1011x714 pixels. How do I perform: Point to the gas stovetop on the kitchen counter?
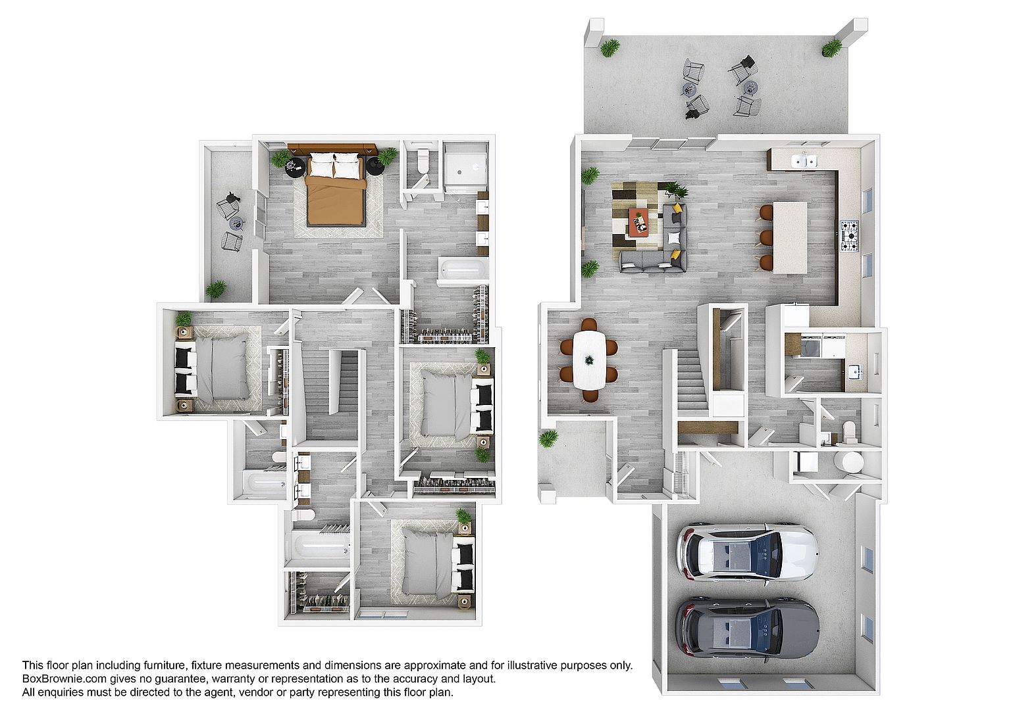(849, 236)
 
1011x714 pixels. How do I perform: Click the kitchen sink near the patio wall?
(804, 160)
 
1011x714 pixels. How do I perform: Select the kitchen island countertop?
(790, 237)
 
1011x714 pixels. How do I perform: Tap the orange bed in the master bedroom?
(335, 189)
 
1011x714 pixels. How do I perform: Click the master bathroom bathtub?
(463, 270)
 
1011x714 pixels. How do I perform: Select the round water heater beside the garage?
(848, 462)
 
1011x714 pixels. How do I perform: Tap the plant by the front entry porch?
(548, 438)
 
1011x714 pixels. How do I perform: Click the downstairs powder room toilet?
(850, 431)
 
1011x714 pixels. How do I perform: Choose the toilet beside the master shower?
(423, 160)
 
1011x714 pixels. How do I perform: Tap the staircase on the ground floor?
(692, 381)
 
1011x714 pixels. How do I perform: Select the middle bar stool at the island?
(766, 238)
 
